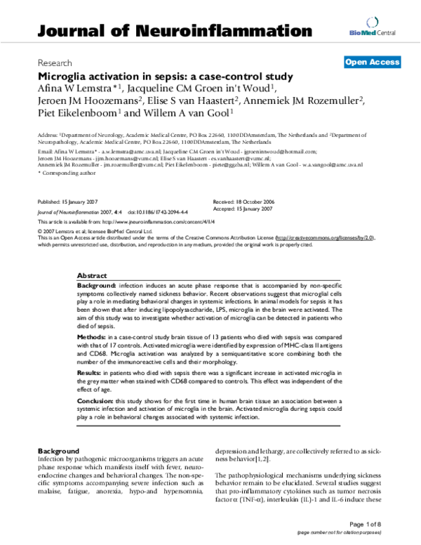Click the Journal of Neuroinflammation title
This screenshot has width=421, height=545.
point(175,31)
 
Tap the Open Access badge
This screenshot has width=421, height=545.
point(372,63)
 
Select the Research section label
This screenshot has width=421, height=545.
point(55,63)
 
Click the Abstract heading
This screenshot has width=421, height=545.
point(92,277)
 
